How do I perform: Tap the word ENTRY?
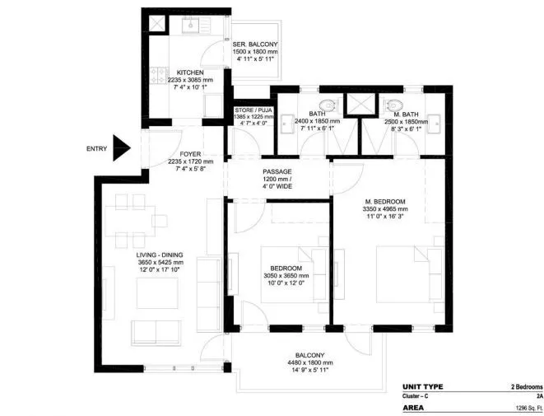96,149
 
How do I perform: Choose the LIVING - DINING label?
160,255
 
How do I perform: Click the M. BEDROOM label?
384,201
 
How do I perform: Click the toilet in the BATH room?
328,105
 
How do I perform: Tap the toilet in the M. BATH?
393,105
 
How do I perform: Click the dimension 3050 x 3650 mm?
286,278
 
